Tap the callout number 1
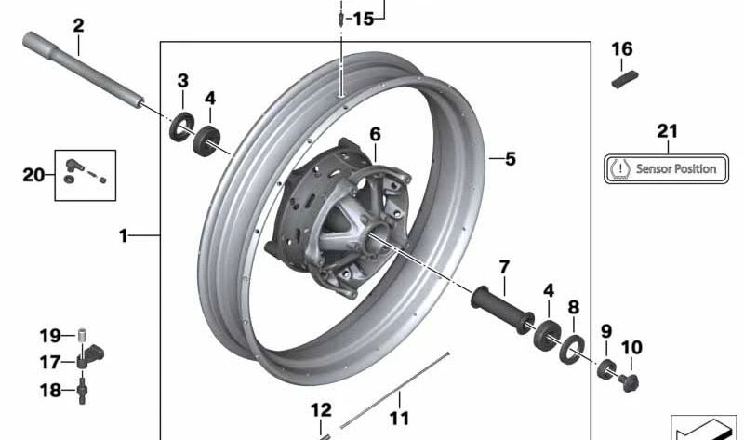click(123, 236)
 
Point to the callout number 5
click(510, 159)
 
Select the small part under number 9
click(607, 366)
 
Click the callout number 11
click(399, 418)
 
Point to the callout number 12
click(321, 409)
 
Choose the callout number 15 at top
click(363, 18)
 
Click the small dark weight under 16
click(622, 78)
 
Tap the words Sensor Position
click(676, 169)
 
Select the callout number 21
click(668, 131)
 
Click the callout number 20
click(33, 173)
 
